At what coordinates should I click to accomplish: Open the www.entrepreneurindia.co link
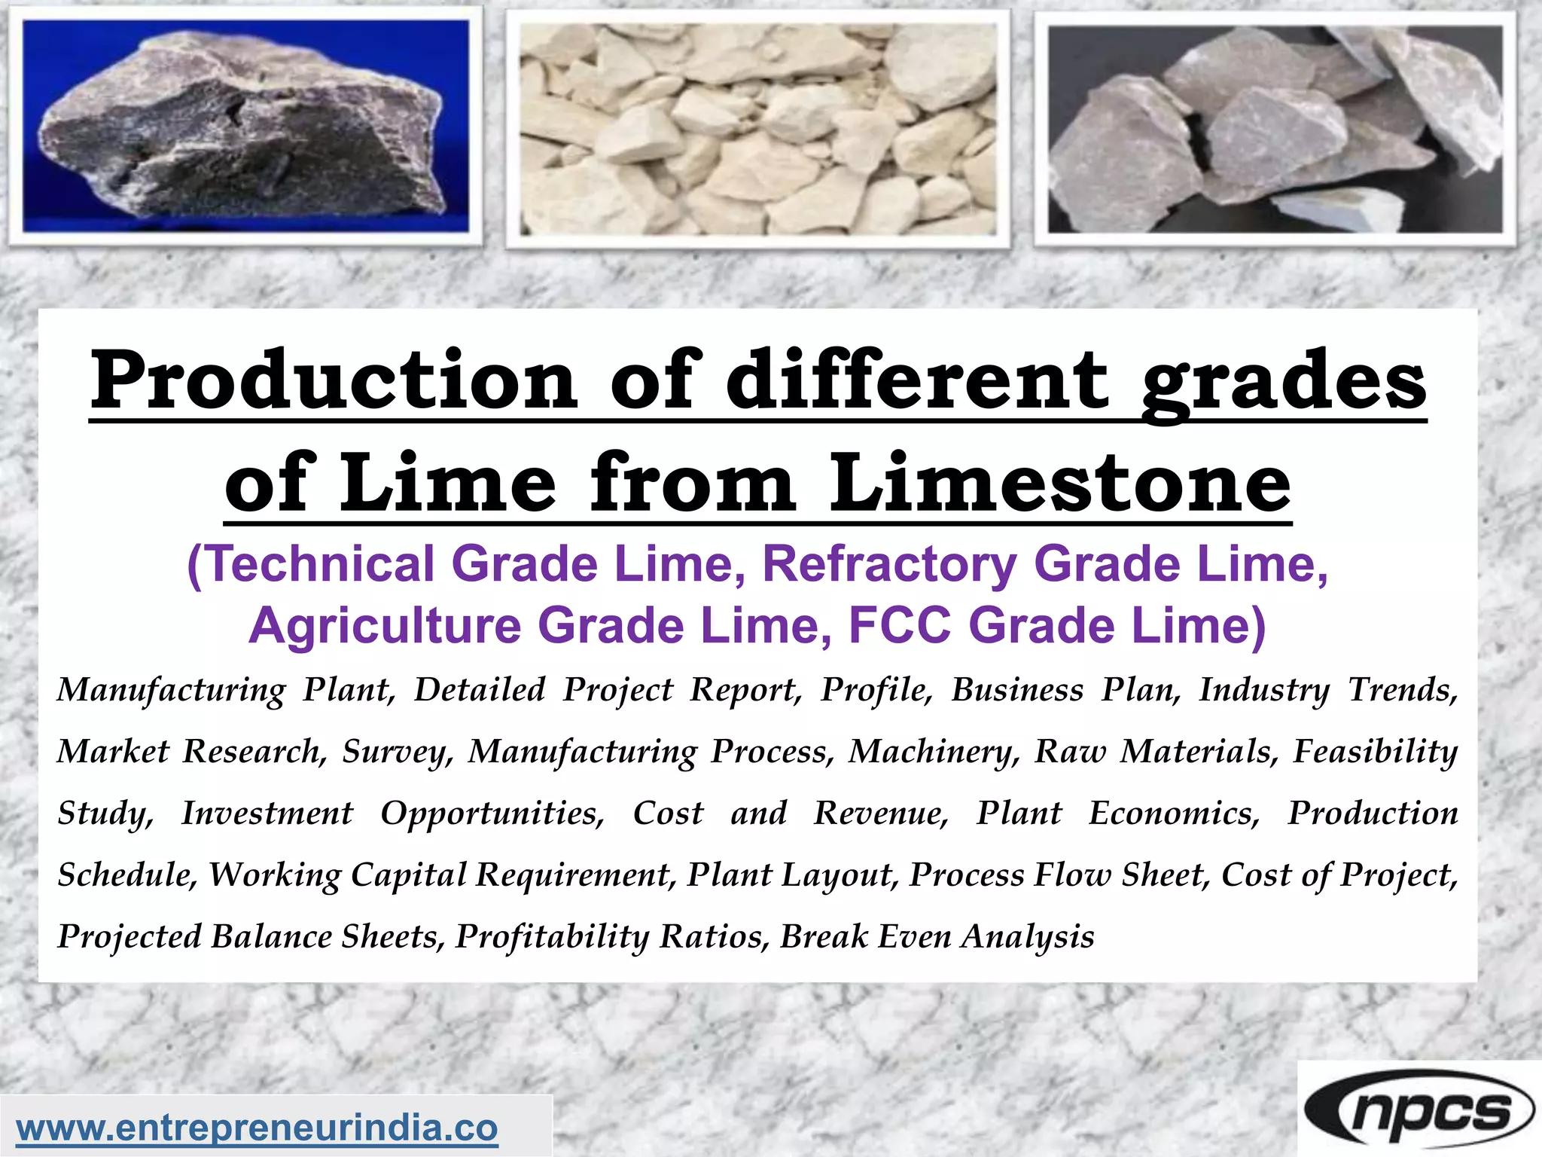257,1128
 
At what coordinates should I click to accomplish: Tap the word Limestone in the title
1060,482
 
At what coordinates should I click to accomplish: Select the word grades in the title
1283,380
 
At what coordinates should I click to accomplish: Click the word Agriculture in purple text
385,626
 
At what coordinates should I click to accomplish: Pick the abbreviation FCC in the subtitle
900,626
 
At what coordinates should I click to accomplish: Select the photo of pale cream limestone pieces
757,127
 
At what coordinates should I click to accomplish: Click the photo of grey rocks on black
1275,127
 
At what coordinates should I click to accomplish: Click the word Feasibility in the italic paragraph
1375,751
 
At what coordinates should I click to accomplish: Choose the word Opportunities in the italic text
492,813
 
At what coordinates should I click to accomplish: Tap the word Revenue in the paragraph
880,813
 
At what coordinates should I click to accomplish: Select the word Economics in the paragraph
1174,813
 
